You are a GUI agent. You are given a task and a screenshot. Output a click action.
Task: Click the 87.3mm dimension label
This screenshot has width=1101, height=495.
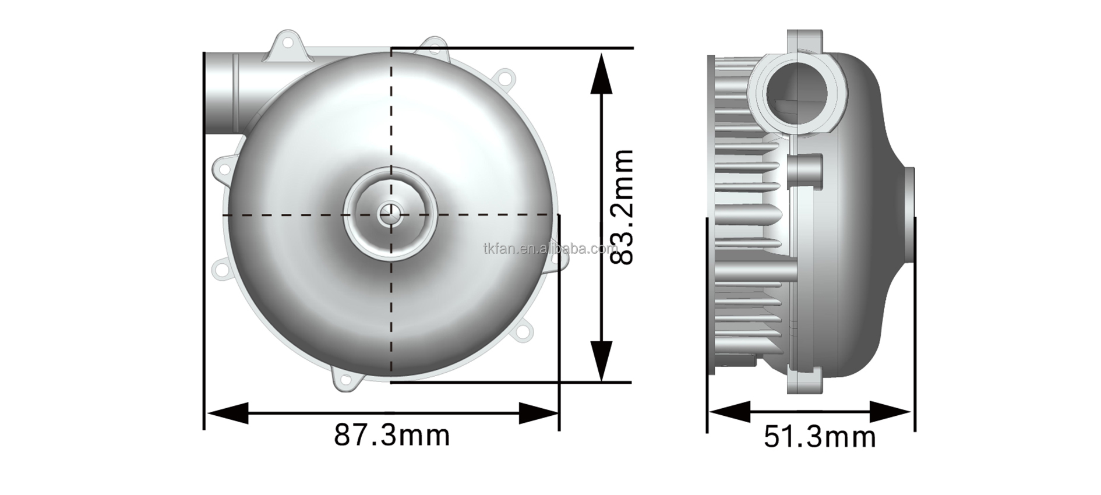pyautogui.click(x=391, y=435)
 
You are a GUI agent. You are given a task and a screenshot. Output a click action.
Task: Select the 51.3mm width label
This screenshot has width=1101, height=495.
pyautogui.click(x=820, y=437)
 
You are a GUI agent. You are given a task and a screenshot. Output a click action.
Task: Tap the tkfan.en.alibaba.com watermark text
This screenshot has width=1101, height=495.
pyautogui.click(x=550, y=249)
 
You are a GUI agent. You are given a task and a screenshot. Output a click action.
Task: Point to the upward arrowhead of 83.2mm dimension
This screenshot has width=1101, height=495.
pyautogui.click(x=601, y=73)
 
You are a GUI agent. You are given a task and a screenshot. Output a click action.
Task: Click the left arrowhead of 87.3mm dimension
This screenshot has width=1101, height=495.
pyautogui.click(x=227, y=413)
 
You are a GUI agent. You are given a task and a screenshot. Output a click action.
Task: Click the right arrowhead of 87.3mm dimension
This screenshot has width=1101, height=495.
pyautogui.click(x=539, y=413)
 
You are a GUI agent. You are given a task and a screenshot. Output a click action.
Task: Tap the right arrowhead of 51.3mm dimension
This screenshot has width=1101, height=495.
pyautogui.click(x=891, y=412)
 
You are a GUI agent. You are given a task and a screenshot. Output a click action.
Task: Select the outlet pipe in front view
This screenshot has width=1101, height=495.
pyautogui.click(x=224, y=93)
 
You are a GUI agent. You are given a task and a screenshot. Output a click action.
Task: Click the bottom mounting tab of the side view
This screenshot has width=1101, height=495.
pyautogui.click(x=806, y=382)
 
